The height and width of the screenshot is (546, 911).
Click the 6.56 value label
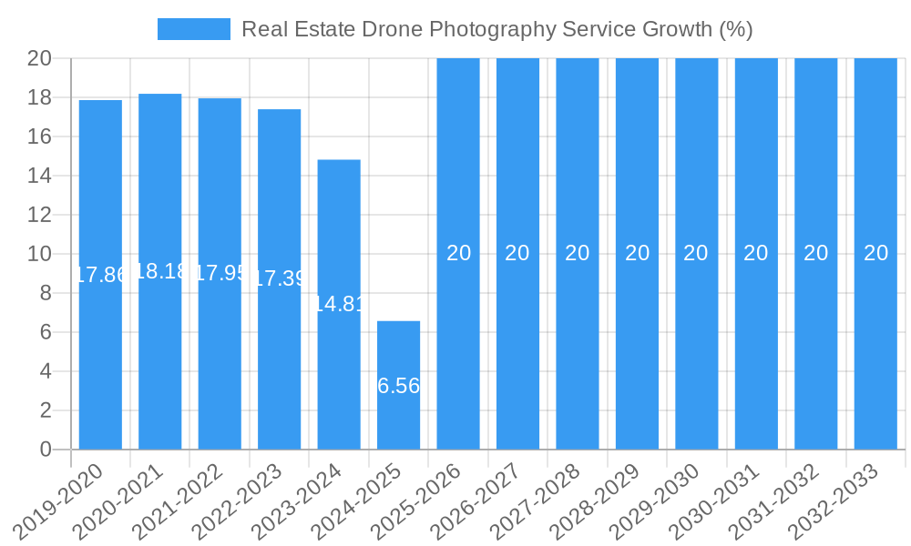pos(398,386)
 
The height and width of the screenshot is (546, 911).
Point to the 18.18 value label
pos(160,271)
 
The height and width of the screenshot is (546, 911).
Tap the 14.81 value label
pos(339,304)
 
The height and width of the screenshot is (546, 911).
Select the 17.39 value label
pos(279,278)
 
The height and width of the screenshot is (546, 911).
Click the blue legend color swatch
pos(193,29)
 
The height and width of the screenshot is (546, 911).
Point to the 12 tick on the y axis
pos(39,215)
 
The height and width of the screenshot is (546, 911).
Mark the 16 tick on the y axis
pos(39,136)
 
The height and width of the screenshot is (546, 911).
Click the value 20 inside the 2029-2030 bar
pos(696,253)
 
